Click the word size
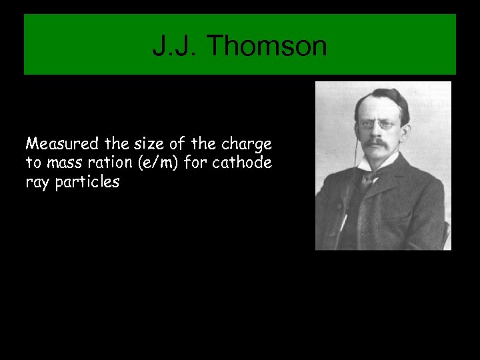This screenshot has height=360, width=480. (139, 144)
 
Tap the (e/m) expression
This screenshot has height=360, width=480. (154, 163)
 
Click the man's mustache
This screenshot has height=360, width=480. (377, 143)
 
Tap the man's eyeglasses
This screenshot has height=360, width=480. (376, 125)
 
